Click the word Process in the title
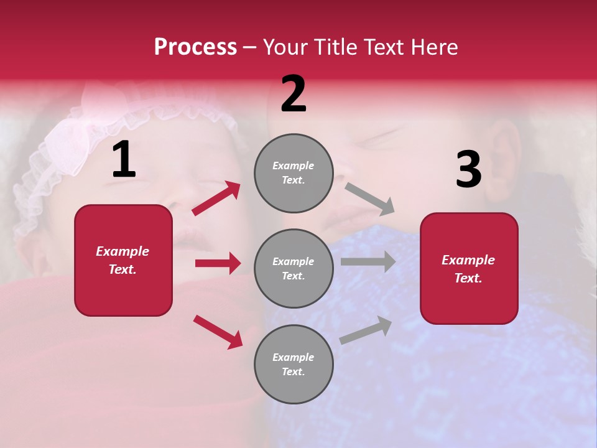195,47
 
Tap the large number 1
124,160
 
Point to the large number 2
294,94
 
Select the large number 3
468,170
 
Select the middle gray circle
294,268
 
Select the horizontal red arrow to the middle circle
218,263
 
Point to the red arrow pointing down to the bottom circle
218,332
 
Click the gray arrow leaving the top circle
369,198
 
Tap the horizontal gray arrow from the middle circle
368,261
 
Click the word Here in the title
433,47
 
